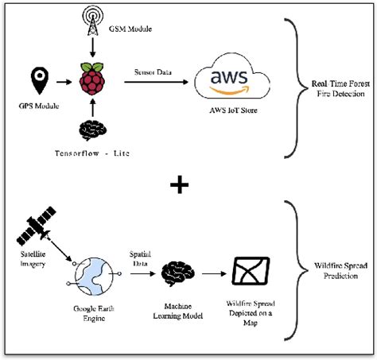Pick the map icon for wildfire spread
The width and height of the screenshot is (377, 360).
pos(247,273)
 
